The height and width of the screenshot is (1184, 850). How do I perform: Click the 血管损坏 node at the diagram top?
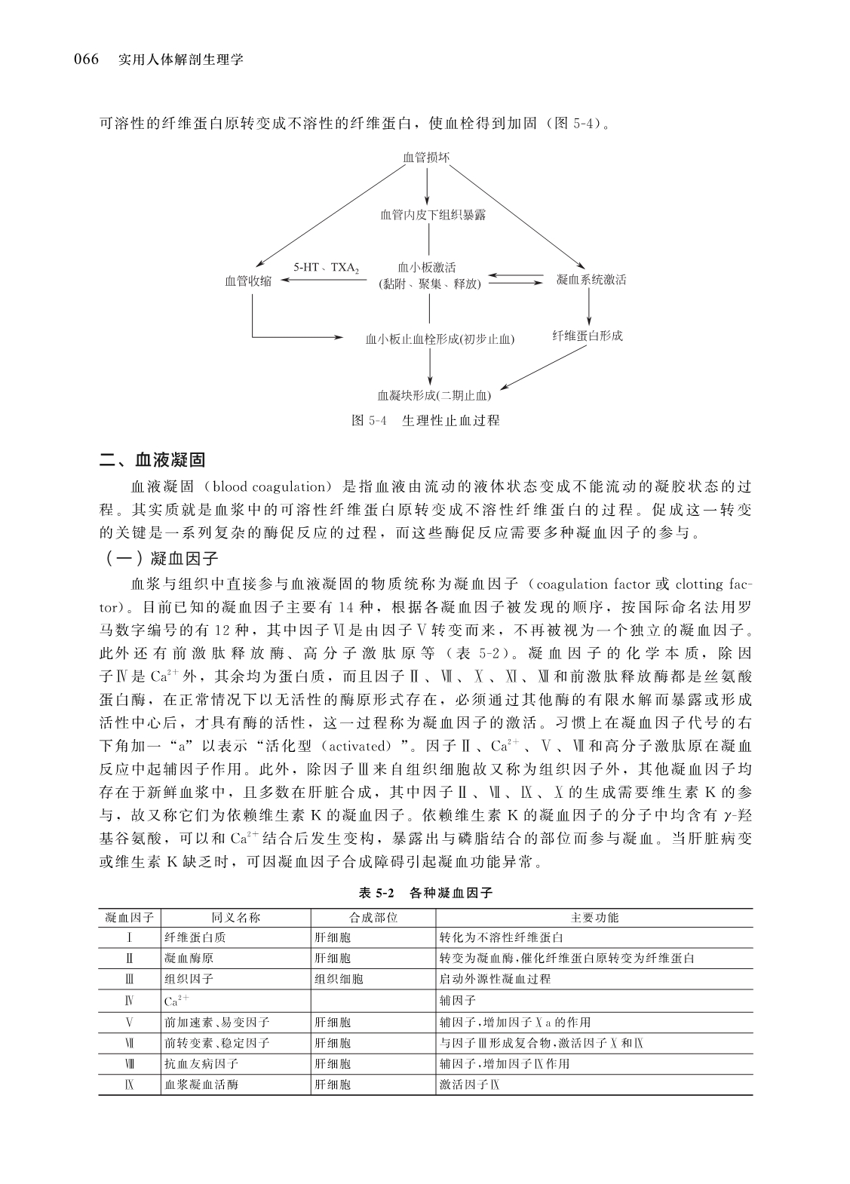427,158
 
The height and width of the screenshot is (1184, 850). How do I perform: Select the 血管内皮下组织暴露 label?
433,215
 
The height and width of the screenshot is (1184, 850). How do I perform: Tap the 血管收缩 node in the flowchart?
248,281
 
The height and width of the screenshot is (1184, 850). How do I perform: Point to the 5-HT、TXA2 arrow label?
326,268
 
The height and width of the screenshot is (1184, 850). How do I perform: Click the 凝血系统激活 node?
591,280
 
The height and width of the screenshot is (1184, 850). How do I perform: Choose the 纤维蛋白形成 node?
588,336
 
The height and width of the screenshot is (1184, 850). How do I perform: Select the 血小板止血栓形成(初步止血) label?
440,339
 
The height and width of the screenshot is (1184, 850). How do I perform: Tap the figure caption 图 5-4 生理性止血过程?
425,420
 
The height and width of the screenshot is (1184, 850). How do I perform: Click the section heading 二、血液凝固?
152,460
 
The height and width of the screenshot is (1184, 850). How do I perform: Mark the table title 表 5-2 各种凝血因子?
425,893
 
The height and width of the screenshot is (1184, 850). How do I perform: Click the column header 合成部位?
373,918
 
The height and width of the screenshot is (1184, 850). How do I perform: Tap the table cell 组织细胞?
339,979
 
